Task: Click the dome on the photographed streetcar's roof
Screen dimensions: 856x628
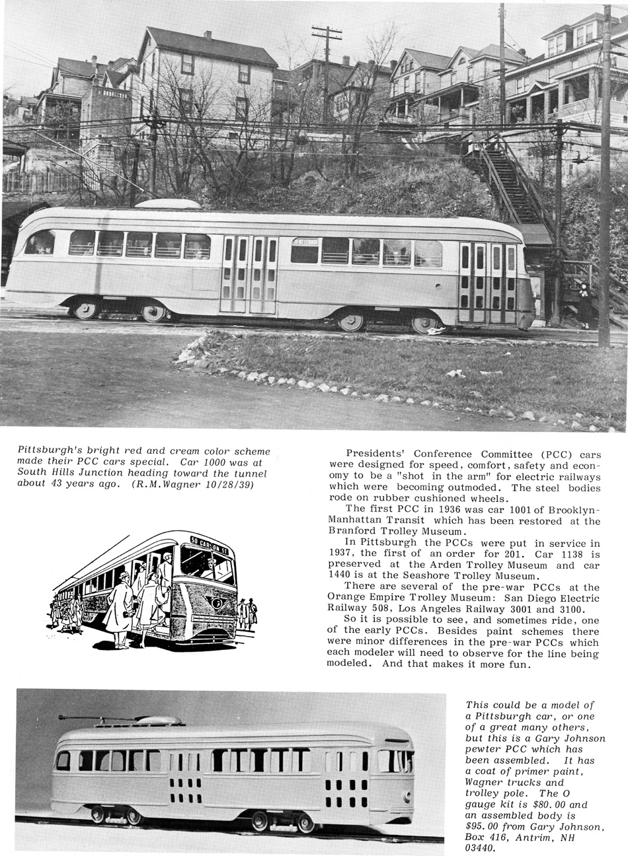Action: pos(168,204)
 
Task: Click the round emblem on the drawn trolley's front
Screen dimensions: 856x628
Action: pos(214,601)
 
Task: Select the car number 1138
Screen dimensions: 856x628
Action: pos(574,553)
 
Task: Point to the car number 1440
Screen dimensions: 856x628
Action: pos(342,576)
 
